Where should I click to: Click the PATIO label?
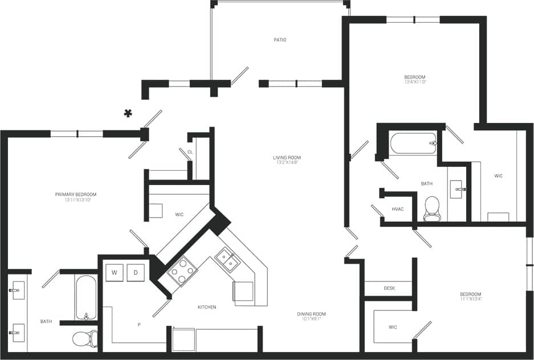pyautogui.click(x=279, y=40)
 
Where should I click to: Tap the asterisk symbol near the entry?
pyautogui.click(x=129, y=113)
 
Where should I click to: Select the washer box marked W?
pyautogui.click(x=115, y=273)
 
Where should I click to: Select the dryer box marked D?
pyautogui.click(x=136, y=273)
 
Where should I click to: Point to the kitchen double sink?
pyautogui.click(x=227, y=260)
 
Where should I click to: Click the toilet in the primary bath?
pyautogui.click(x=85, y=338)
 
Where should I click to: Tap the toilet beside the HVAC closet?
pyautogui.click(x=433, y=208)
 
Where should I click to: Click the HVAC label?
pyautogui.click(x=398, y=209)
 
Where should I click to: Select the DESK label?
pyautogui.click(x=389, y=288)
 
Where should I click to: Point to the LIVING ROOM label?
pyautogui.click(x=287, y=158)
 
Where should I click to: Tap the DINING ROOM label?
pyautogui.click(x=311, y=314)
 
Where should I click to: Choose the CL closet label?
pyautogui.click(x=190, y=152)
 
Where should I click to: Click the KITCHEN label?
pyautogui.click(x=207, y=307)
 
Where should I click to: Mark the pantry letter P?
pyautogui.click(x=139, y=324)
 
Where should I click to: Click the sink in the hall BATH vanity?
pyautogui.click(x=458, y=189)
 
